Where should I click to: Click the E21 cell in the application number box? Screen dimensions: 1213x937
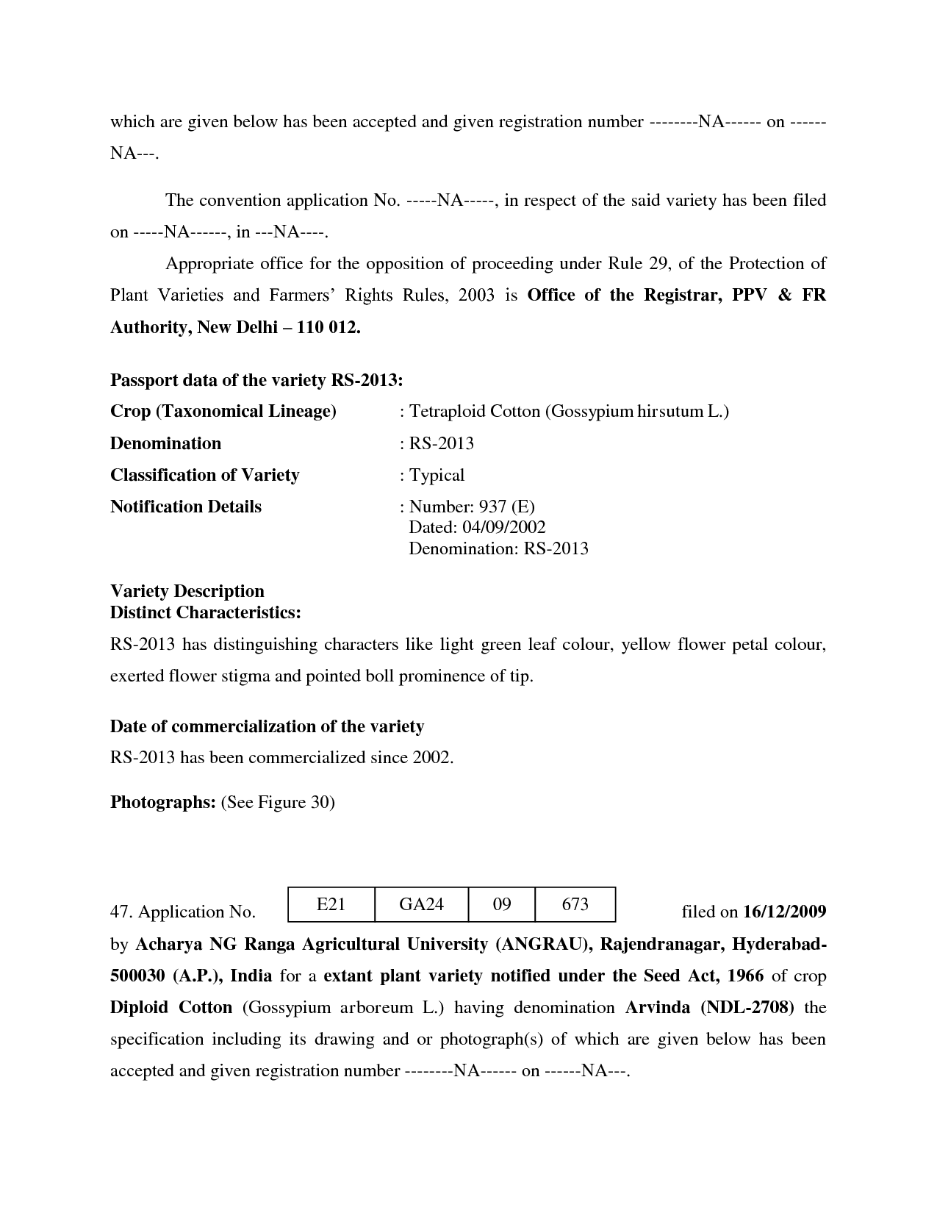coord(331,904)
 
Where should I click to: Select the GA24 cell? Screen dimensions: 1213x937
coord(421,904)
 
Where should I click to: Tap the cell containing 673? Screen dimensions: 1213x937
coord(575,904)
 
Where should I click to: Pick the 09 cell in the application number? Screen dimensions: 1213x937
coord(502,904)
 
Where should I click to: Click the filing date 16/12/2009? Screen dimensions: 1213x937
coord(784,912)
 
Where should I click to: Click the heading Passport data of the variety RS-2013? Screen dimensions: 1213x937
coord(256,380)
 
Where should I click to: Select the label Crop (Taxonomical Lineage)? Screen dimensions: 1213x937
coord(223,411)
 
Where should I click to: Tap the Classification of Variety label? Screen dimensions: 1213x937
coord(204,475)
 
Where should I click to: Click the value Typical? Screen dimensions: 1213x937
coord(437,475)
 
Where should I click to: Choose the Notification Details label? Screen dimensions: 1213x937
coord(186,507)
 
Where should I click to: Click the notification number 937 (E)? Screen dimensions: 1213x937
coord(506,507)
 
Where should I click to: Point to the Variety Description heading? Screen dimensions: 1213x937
coord(187,591)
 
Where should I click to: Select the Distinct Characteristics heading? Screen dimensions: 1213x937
coord(205,612)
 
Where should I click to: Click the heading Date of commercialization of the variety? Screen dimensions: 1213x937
coord(267,726)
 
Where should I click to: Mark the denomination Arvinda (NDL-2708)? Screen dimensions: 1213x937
coord(709,1007)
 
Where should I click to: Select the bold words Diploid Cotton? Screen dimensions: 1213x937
coord(171,1007)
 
